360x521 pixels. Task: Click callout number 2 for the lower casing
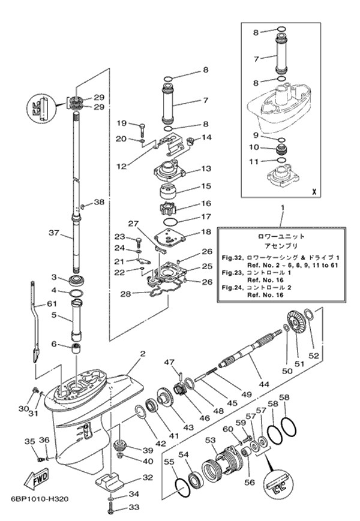tap(142, 354)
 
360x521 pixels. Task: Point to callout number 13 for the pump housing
tap(206, 169)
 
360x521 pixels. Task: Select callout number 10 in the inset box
tap(254, 147)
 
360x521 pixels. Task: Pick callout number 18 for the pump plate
tap(206, 231)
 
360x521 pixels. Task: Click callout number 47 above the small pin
tap(170, 362)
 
